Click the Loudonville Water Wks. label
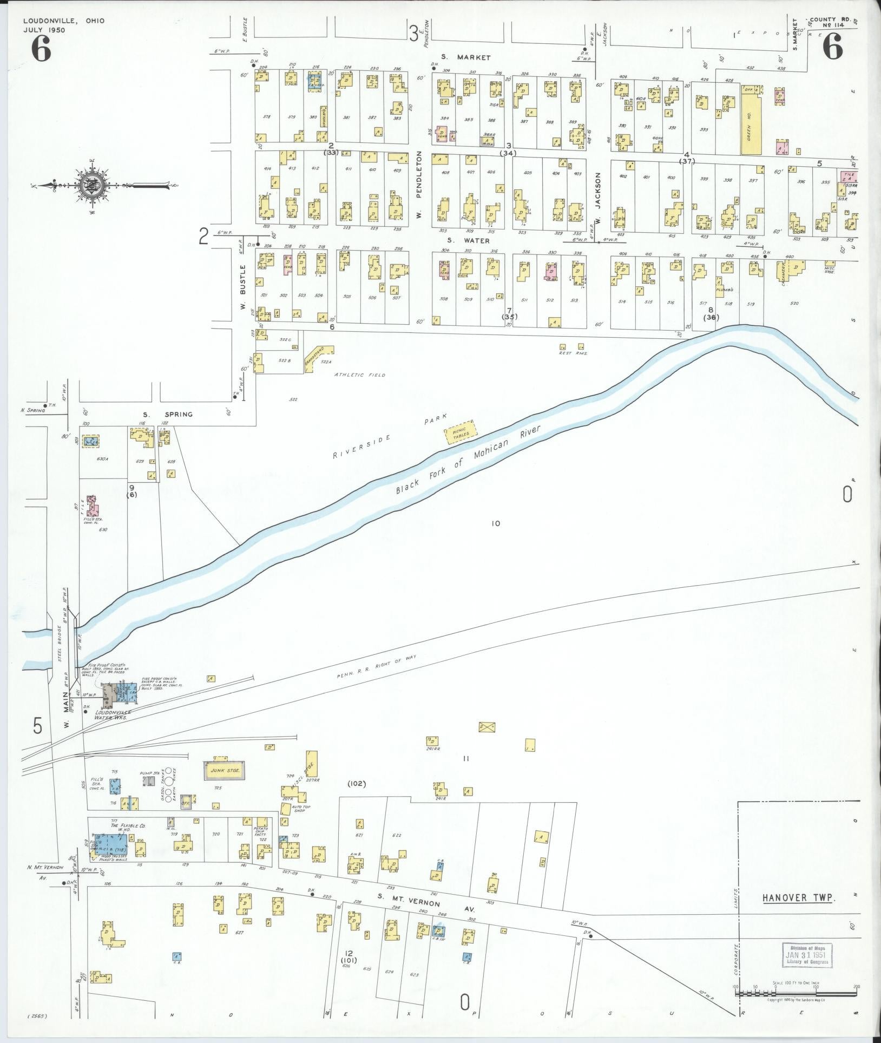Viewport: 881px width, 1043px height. tap(111, 714)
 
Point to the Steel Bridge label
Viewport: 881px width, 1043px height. tap(61, 647)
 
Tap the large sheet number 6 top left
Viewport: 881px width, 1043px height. tap(41, 51)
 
